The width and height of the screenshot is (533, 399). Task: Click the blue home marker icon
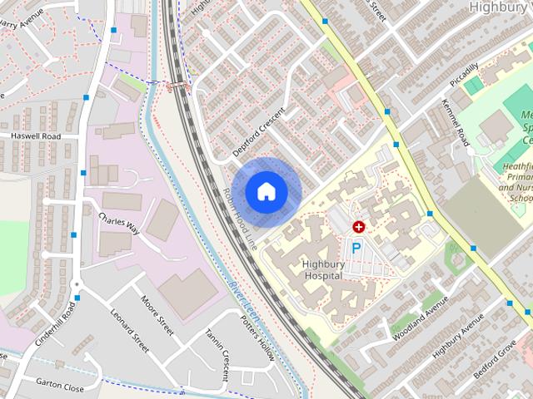coord(266,191)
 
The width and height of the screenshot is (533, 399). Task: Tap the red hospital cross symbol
coord(359,226)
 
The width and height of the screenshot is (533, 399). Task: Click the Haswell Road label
coord(36,135)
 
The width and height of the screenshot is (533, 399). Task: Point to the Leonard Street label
coord(129,329)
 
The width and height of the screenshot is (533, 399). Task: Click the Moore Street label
coord(157,317)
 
